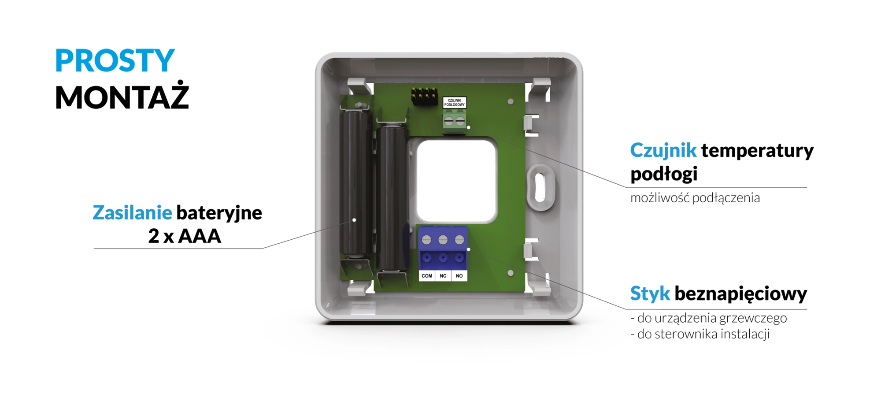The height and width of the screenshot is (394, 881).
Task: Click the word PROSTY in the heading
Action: [x=115, y=60]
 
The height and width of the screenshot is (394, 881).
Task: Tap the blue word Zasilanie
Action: [x=132, y=213]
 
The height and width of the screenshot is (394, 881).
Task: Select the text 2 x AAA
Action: [x=185, y=236]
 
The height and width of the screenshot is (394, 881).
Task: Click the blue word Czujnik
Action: [x=663, y=151]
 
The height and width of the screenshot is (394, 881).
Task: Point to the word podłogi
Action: [x=664, y=174]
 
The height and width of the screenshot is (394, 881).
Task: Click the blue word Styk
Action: [x=650, y=294]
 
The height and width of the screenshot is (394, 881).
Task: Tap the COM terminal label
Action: [x=427, y=276]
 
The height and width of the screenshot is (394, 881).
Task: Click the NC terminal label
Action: [x=443, y=276]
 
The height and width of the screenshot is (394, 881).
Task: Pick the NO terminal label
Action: [x=459, y=276]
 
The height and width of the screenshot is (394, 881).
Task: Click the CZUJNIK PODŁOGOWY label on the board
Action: [x=455, y=103]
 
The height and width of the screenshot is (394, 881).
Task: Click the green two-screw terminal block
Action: [x=455, y=121]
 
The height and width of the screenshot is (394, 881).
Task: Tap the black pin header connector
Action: [x=424, y=96]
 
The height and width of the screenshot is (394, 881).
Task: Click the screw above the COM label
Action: [x=426, y=240]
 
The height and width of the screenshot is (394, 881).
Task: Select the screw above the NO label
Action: [x=459, y=240]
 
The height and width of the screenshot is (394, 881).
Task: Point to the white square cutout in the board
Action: [x=457, y=181]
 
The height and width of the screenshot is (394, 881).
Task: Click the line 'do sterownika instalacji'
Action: [x=700, y=334]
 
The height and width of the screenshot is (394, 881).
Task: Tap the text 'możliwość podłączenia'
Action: [x=695, y=198]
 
